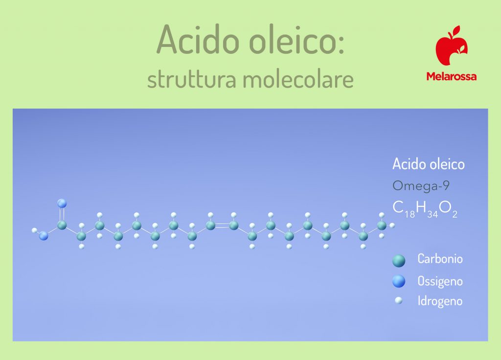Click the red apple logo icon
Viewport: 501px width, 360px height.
451,47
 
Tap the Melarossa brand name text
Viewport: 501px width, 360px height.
451,76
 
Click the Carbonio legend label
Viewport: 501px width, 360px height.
439,259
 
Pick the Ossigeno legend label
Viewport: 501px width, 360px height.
440,281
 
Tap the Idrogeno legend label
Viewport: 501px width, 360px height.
439,301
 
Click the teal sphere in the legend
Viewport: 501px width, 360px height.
399,261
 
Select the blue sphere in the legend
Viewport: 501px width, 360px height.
399,281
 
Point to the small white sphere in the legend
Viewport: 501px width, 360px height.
399,300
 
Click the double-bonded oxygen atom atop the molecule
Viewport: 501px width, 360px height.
62,203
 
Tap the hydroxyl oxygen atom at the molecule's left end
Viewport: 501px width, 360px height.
44,236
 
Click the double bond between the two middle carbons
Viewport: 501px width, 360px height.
222,225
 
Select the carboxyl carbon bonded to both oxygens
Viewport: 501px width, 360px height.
62,225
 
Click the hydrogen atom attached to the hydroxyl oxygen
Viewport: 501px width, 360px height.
35,230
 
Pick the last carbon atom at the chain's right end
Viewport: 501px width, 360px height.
382,225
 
